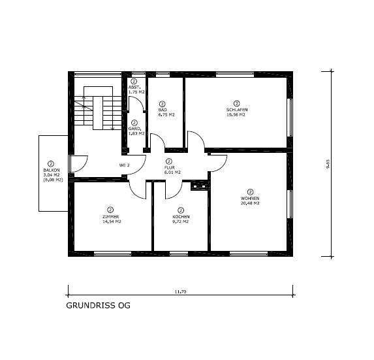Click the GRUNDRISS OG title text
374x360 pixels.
pyautogui.click(x=98, y=305)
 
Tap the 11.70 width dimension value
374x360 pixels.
pyautogui.click(x=181, y=291)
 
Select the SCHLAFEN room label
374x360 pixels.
pyautogui.click(x=236, y=110)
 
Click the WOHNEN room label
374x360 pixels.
pyautogui.click(x=250, y=198)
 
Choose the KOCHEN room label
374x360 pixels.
pyautogui.click(x=181, y=217)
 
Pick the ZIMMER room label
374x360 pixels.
pyautogui.click(x=110, y=217)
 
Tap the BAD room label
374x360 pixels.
pyautogui.click(x=163, y=110)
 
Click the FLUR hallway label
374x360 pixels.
pyautogui.click(x=169, y=167)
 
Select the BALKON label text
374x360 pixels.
pyautogui.click(x=52, y=171)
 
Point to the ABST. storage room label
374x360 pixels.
pyautogui.click(x=135, y=88)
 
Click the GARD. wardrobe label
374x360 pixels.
pyautogui.click(x=135, y=128)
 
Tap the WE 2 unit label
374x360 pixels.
pyautogui.click(x=124, y=165)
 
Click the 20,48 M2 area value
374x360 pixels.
pyautogui.click(x=250, y=203)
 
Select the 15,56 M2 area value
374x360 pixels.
pyautogui.click(x=236, y=115)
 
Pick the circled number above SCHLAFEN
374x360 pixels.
pyautogui.click(x=236, y=103)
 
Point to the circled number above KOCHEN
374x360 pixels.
pyautogui.click(x=181, y=210)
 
